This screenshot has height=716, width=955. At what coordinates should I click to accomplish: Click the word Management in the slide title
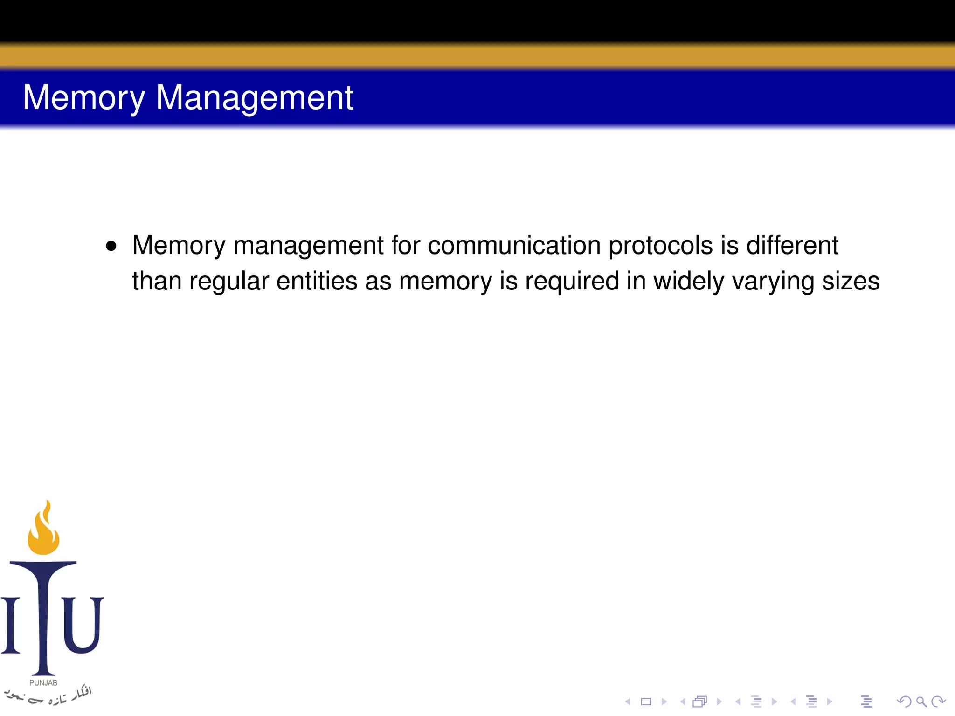pyautogui.click(x=254, y=98)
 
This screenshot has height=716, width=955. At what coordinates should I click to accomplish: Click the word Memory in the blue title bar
pyautogui.click(x=84, y=98)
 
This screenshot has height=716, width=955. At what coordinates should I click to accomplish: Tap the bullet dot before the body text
pyautogui.click(x=111, y=246)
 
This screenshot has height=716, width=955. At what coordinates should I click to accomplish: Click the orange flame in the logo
pyautogui.click(x=44, y=529)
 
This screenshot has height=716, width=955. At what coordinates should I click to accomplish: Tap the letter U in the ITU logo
pyautogui.click(x=83, y=625)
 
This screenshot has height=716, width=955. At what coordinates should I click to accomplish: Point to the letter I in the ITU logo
pyautogui.click(x=10, y=625)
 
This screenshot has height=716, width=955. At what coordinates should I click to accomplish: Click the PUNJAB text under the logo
pyautogui.click(x=43, y=683)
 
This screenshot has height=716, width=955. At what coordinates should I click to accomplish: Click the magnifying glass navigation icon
pyautogui.click(x=921, y=702)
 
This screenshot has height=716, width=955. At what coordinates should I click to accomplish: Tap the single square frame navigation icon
pyautogui.click(x=646, y=702)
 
